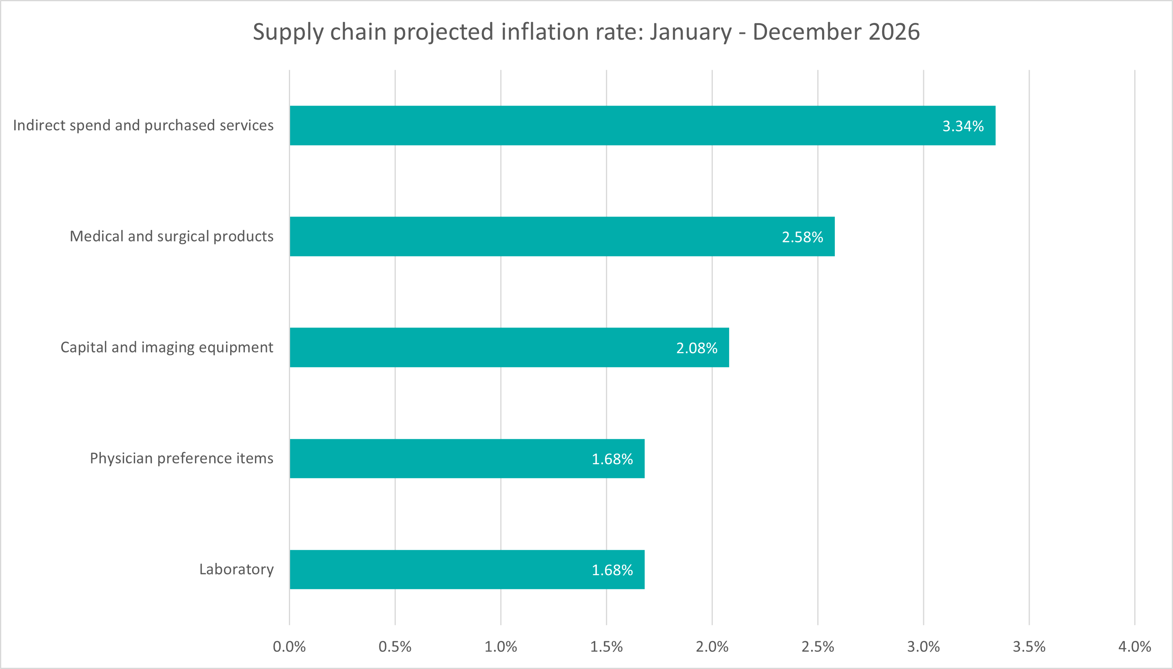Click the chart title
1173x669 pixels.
coord(586,32)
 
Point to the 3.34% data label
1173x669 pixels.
coord(963,126)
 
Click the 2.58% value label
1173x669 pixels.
coord(802,237)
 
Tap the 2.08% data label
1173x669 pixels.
coord(696,348)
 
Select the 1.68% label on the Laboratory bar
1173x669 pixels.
coord(612,570)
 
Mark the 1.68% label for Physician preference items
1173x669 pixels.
coord(612,459)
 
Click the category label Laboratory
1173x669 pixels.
coord(236,569)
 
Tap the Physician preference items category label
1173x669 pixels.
coord(182,458)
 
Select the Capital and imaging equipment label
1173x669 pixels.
coord(167,348)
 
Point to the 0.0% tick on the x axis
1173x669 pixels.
coord(289,647)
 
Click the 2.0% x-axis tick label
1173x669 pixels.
coord(712,647)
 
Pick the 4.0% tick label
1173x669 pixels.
coord(1134,647)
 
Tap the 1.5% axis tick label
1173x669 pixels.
coord(606,647)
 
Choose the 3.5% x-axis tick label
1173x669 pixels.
coord(1029,647)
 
